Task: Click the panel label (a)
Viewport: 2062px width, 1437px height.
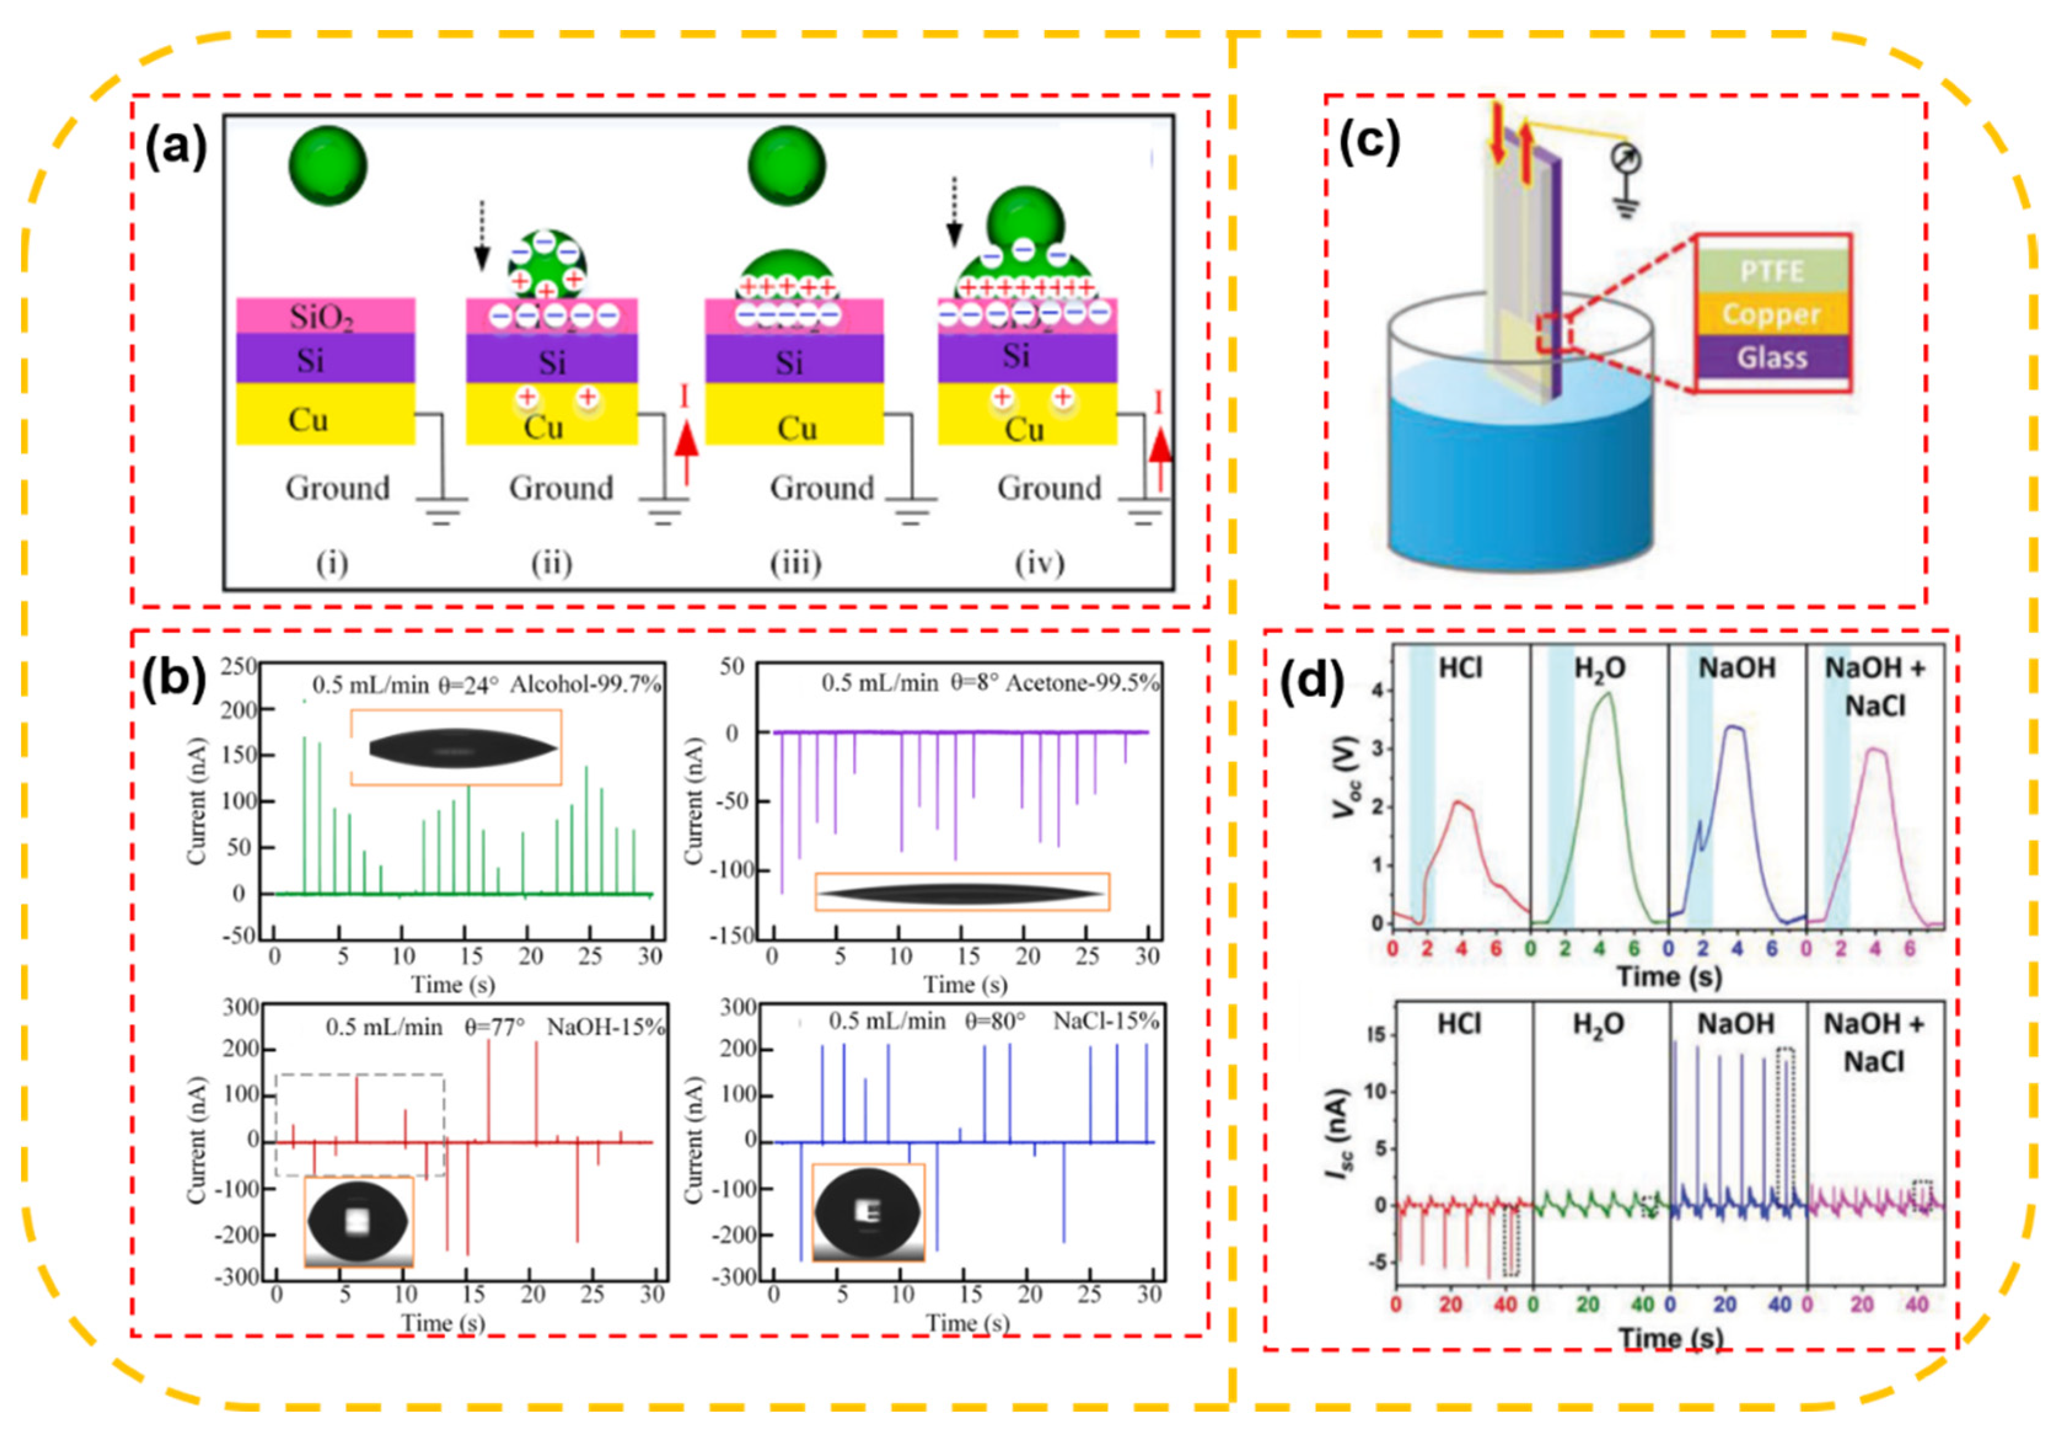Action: (x=176, y=146)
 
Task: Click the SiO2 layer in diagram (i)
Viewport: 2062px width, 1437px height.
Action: (x=325, y=315)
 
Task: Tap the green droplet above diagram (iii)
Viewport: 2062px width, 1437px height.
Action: (x=787, y=167)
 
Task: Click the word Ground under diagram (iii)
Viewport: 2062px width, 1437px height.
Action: (x=821, y=488)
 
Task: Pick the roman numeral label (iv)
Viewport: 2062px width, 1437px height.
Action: (x=1039, y=563)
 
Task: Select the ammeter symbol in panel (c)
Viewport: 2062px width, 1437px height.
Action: (x=1627, y=160)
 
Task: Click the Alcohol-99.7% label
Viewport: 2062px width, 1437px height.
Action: (x=585, y=684)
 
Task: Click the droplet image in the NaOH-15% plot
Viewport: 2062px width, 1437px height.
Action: (x=358, y=1221)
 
